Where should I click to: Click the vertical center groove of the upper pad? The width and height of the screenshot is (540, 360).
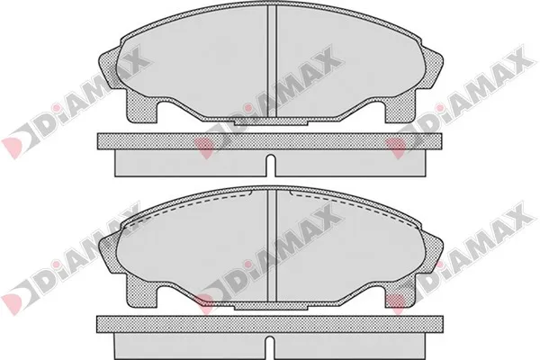[272, 61]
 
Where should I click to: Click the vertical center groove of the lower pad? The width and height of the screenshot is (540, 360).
[272, 246]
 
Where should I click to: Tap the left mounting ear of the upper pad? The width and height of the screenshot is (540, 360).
[109, 70]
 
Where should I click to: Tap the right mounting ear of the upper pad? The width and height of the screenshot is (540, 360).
[433, 69]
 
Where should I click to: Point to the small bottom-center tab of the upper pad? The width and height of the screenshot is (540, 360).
[271, 122]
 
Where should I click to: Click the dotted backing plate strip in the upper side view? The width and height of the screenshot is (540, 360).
[270, 141]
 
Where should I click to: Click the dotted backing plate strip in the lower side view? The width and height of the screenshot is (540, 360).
[270, 324]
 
